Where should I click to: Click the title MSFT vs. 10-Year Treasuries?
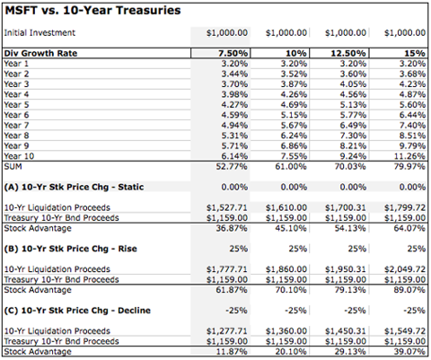pyautogui.click(x=92, y=11)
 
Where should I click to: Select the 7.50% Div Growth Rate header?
pyautogui.click(x=233, y=53)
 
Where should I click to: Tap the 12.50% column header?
pyautogui.click(x=348, y=53)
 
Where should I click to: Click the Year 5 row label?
pyautogui.click(x=16, y=105)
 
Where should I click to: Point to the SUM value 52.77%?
pyautogui.click(x=232, y=166)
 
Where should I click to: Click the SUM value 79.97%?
pyautogui.click(x=409, y=166)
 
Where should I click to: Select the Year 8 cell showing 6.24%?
pyautogui.click(x=294, y=136)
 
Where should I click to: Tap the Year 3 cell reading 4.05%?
pyautogui.click(x=353, y=84)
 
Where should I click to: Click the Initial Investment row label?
pyautogui.click(x=40, y=32)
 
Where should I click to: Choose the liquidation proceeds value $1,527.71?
pyautogui.click(x=227, y=207)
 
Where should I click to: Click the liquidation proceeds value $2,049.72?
pyautogui.click(x=405, y=269)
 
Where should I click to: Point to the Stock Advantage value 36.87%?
pyautogui.click(x=232, y=228)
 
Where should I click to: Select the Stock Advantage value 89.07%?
pyautogui.click(x=409, y=290)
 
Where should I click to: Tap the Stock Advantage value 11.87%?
pyautogui.click(x=232, y=352)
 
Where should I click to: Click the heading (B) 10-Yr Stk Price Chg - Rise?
pyautogui.click(x=71, y=249)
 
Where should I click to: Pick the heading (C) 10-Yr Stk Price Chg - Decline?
pyautogui.click(x=77, y=311)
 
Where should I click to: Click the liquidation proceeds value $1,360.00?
pyautogui.click(x=286, y=331)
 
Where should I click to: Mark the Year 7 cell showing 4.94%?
pyautogui.click(x=234, y=126)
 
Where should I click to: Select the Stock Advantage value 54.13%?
pyautogui.click(x=350, y=228)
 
